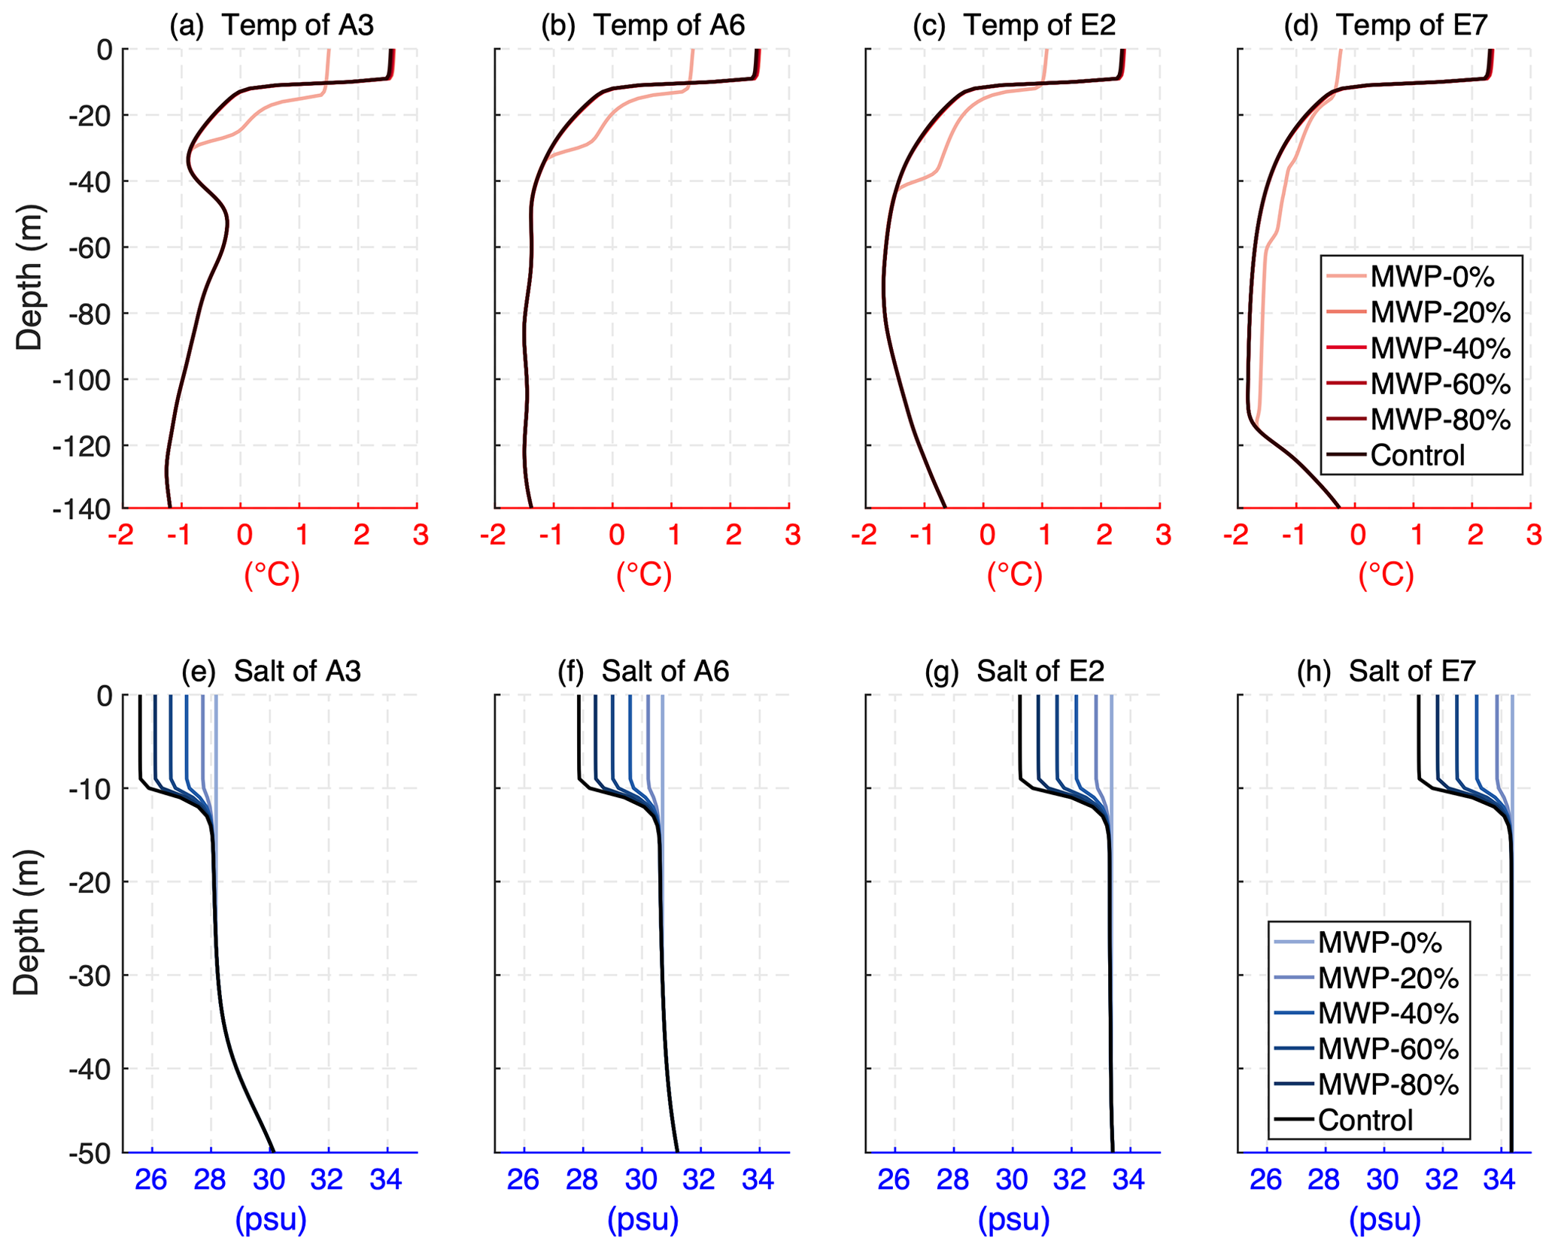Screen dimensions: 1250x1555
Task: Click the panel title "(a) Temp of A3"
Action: pyautogui.click(x=272, y=26)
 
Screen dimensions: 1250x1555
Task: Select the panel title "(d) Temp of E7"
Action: pyautogui.click(x=1386, y=26)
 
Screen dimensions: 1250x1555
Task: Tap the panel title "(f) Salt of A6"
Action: pyautogui.click(x=643, y=671)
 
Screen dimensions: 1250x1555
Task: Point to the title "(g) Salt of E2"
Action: pyautogui.click(x=1014, y=671)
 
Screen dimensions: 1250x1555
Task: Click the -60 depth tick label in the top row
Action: pyautogui.click(x=90, y=247)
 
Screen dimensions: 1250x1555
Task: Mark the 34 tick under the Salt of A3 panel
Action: pyautogui.click(x=386, y=1180)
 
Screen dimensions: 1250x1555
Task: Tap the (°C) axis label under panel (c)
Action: pyautogui.click(x=1014, y=575)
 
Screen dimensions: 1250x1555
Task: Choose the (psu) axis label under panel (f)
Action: pyautogui.click(x=643, y=1219)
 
